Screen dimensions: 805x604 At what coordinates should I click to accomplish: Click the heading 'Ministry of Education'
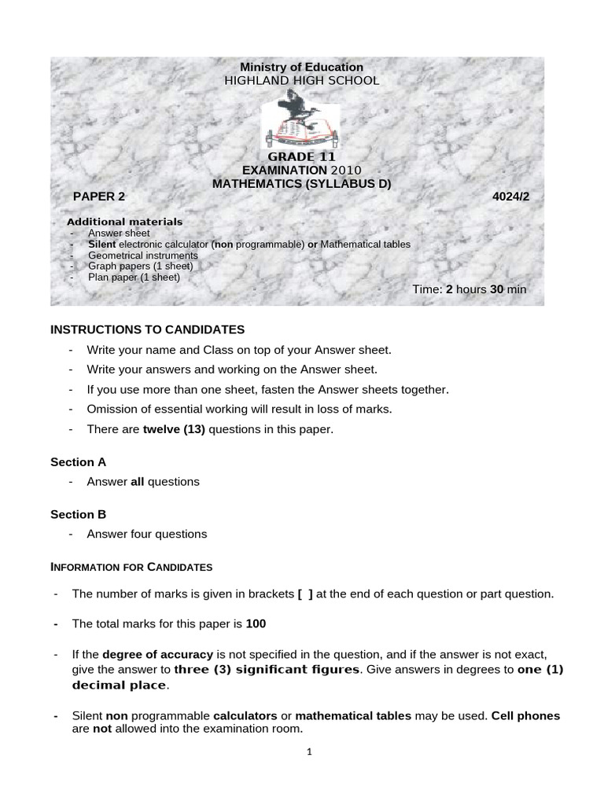click(301, 68)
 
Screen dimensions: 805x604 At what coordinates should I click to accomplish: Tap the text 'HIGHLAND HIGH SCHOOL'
click(301, 81)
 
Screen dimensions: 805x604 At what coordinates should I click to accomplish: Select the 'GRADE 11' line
click(301, 156)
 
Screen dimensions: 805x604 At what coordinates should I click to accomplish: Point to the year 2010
click(346, 170)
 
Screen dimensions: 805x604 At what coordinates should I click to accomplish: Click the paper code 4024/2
click(511, 197)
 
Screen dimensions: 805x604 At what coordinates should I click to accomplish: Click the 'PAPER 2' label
click(99, 197)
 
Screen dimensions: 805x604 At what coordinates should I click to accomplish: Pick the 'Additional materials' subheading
click(124, 222)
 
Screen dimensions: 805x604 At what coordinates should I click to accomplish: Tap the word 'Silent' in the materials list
click(102, 244)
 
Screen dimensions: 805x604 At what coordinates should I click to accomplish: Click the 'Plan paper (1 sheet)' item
click(134, 277)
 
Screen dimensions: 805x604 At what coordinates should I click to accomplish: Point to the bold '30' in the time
click(496, 289)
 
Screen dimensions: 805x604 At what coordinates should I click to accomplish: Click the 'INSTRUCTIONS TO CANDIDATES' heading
click(148, 329)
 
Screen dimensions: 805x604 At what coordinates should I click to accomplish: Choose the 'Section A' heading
click(78, 462)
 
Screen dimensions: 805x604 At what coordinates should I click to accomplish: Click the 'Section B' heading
click(78, 514)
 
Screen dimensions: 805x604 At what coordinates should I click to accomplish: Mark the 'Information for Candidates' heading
click(131, 567)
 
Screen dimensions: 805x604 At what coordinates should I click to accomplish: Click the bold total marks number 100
click(256, 623)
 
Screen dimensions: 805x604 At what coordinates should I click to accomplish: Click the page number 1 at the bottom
click(310, 752)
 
